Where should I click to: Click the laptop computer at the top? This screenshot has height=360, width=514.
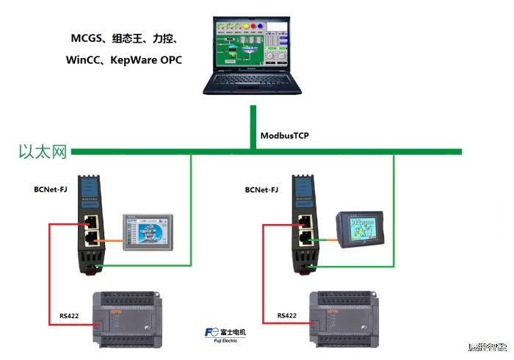pyautogui.click(x=253, y=55)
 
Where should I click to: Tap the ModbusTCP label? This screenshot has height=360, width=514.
pyautogui.click(x=285, y=136)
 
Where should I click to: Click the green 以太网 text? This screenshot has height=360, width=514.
pyautogui.click(x=43, y=152)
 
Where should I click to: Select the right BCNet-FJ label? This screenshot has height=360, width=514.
pyautogui.click(x=261, y=190)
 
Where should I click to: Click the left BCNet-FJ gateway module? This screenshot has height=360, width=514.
pyautogui.click(x=93, y=224)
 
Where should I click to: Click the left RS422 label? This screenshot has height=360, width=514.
pyautogui.click(x=70, y=317)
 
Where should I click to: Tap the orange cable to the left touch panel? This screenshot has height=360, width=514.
pyautogui.click(x=111, y=240)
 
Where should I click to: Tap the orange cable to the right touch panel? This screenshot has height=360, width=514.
pyautogui.click(x=323, y=240)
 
